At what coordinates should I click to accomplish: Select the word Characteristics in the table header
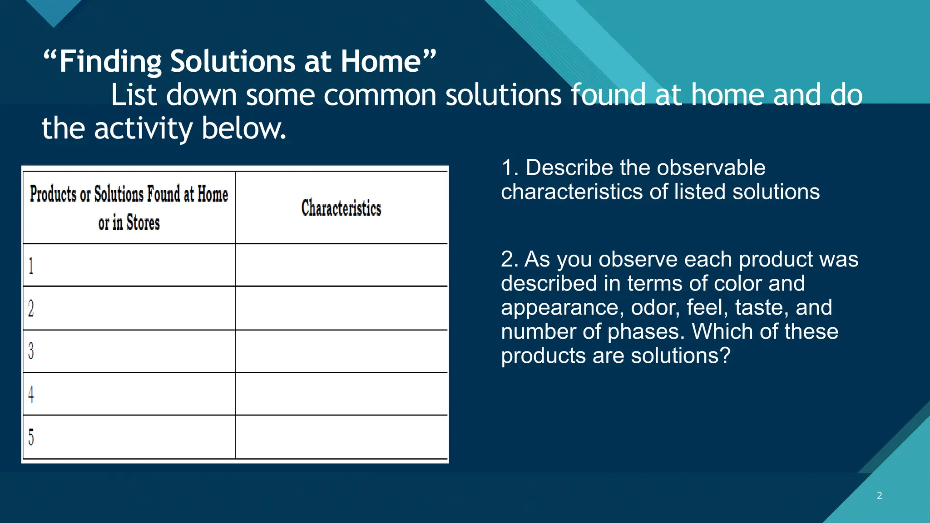[x=341, y=208]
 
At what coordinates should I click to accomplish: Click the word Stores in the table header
[x=143, y=223]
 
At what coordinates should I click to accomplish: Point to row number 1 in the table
[x=31, y=266]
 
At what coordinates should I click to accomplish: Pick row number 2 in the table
[x=31, y=309]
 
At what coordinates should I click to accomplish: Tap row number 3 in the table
[x=31, y=351]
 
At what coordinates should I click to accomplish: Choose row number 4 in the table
[x=31, y=394]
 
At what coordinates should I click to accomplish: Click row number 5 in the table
[x=31, y=437]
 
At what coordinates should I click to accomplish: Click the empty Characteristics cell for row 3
[x=341, y=351]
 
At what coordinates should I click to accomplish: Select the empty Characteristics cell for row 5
[x=341, y=437]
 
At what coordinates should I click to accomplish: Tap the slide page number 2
[x=879, y=495]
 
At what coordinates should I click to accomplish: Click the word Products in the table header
[x=53, y=194]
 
